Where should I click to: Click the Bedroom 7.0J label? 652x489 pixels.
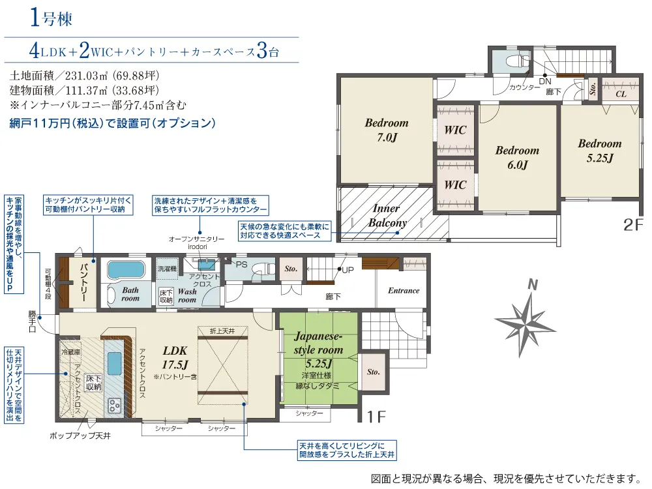click(x=387, y=130)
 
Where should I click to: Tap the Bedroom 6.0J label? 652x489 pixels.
click(x=517, y=157)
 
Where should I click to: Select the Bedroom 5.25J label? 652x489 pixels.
click(x=599, y=151)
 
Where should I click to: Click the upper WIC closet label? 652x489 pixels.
click(x=455, y=130)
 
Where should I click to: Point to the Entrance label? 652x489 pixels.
click(x=404, y=291)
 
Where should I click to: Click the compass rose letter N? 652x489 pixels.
click(x=533, y=284)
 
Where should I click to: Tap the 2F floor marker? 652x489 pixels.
click(x=632, y=225)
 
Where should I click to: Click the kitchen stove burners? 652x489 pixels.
click(x=115, y=406)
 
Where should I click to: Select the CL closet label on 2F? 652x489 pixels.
click(x=621, y=94)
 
